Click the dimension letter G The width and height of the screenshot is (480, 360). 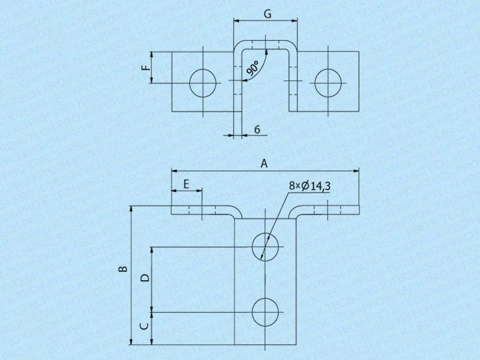pyautogui.click(x=268, y=14)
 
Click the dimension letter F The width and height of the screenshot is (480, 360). pyautogui.click(x=147, y=67)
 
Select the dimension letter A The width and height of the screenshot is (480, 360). pyautogui.click(x=264, y=163)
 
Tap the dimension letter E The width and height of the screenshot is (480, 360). pyautogui.click(x=186, y=184)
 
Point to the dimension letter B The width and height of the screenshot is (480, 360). pyautogui.click(x=123, y=269)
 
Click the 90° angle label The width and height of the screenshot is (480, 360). pyautogui.click(x=253, y=68)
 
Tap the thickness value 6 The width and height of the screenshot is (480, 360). pyautogui.click(x=257, y=130)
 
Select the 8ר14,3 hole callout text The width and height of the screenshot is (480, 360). pyautogui.click(x=310, y=186)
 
